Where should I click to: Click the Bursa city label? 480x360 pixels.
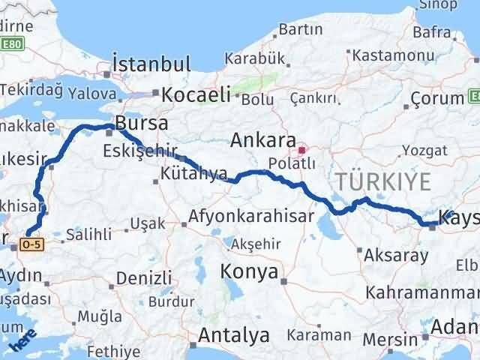(142, 123)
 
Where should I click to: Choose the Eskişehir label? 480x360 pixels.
(136, 151)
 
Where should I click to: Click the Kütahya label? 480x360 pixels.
(193, 174)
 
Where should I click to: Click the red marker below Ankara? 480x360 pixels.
(302, 149)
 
